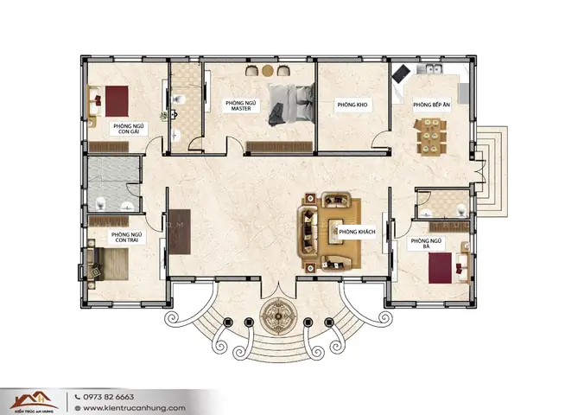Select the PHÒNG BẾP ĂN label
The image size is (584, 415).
[x=428, y=105]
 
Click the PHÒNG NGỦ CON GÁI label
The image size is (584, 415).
[x=127, y=129]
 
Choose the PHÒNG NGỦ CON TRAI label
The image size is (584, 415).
[x=126, y=237]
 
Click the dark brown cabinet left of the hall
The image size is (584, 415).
[x=179, y=230]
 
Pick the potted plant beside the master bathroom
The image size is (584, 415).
[x=162, y=115]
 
